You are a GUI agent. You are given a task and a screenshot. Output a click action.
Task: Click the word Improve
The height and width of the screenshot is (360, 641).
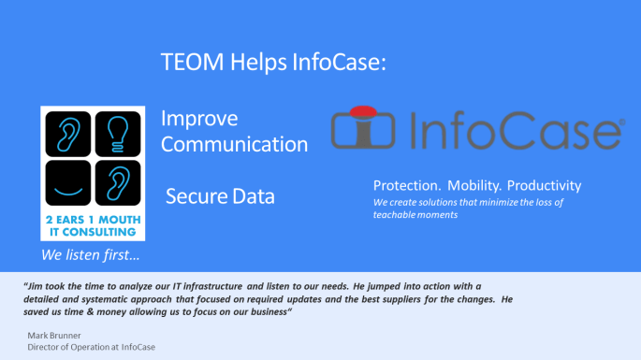(199, 120)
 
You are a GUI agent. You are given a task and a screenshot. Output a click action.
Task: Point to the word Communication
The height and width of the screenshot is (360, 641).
(234, 145)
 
